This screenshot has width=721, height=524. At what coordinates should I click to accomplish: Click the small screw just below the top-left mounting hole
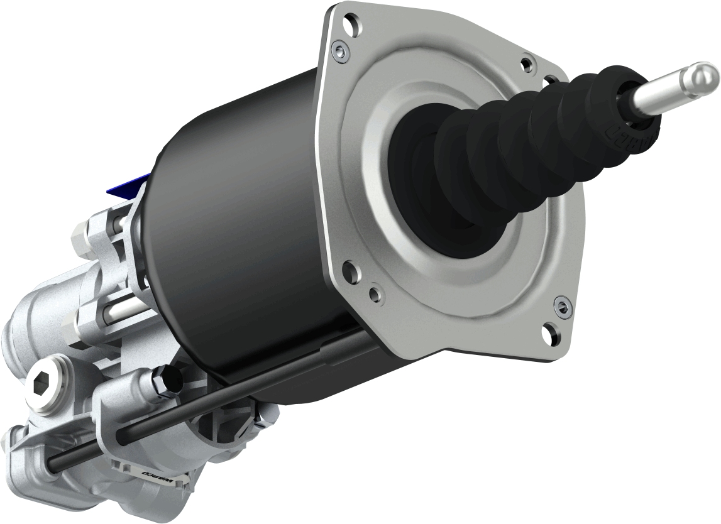point(341,50)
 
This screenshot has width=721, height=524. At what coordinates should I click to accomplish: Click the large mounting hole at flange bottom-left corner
point(348,273)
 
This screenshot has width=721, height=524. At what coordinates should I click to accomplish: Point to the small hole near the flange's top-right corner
point(526,63)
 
